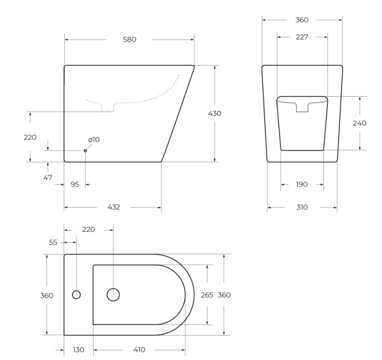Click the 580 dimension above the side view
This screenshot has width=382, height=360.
click(129, 40)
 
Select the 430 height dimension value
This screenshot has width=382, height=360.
click(215, 113)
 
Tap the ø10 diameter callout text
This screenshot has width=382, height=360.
click(94, 140)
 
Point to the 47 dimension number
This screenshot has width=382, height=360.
click(48, 177)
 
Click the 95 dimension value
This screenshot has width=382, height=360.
click(74, 184)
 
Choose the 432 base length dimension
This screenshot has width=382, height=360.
click(113, 207)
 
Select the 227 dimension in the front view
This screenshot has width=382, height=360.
click(302, 37)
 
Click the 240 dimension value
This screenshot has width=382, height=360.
click(359, 123)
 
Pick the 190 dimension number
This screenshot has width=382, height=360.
click(302, 184)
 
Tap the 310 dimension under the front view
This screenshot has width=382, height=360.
click(302, 207)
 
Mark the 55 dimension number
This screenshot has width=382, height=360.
click(53, 243)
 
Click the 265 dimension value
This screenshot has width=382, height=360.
click(207, 294)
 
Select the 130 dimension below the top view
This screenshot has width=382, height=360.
click(78, 350)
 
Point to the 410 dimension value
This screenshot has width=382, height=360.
click(139, 350)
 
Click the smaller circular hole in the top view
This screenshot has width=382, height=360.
click(76, 294)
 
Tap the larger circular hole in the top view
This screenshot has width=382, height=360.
click(113, 294)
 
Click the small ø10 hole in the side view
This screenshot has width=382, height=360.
click(85, 150)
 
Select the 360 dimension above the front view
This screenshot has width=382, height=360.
click(302, 20)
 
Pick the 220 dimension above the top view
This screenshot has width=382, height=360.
click(88, 229)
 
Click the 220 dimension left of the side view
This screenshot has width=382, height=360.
click(30, 137)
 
